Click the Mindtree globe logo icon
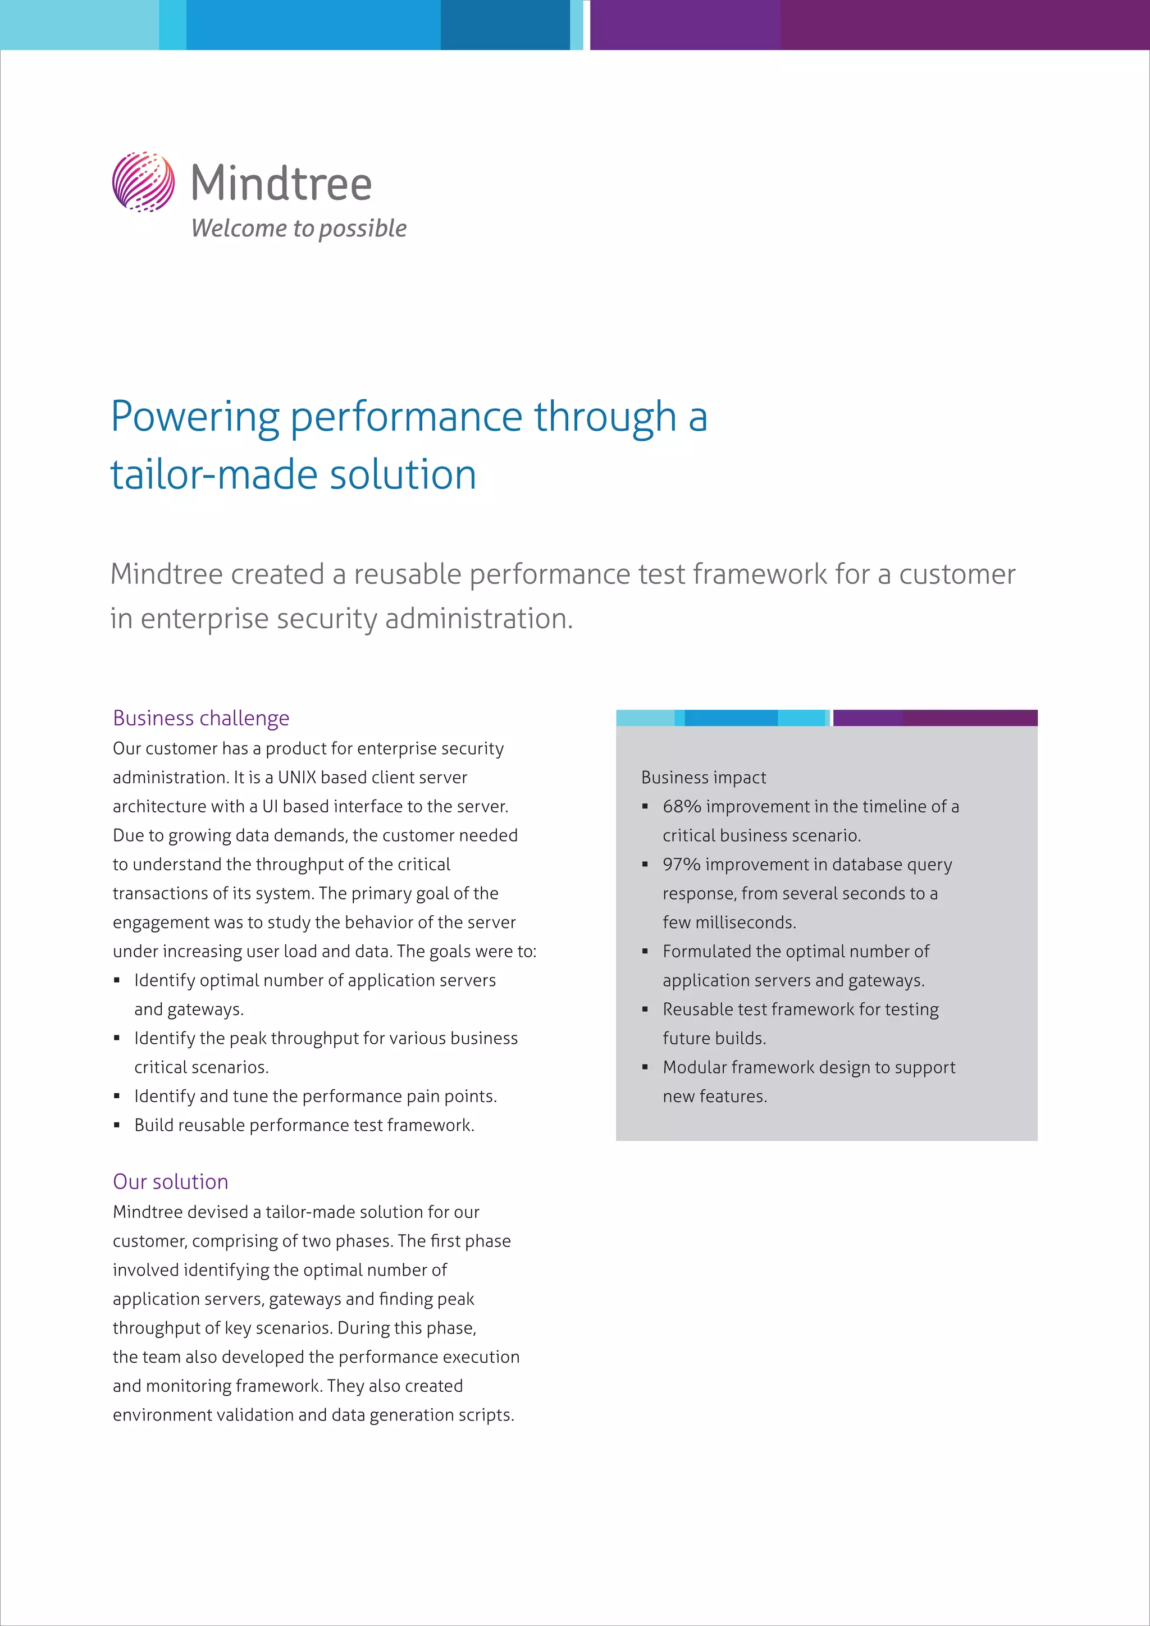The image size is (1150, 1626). coord(143,182)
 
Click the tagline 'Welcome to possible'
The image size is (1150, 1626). coord(298,228)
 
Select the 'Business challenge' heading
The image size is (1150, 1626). coord(201,718)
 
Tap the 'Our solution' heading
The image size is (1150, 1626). coord(171,1181)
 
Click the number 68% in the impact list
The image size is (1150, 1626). coord(681,807)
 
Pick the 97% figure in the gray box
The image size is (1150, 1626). coord(681,865)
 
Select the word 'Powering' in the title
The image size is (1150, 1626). coord(195,417)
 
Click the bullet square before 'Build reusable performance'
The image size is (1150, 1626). coord(117,1125)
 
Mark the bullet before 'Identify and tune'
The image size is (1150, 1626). coord(117,1097)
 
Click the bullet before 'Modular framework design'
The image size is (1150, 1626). coord(645,1067)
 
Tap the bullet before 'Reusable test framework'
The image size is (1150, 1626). coord(645,1009)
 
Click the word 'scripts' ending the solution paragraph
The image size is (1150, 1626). coord(489,1415)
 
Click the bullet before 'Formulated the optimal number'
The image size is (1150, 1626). coord(645,951)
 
